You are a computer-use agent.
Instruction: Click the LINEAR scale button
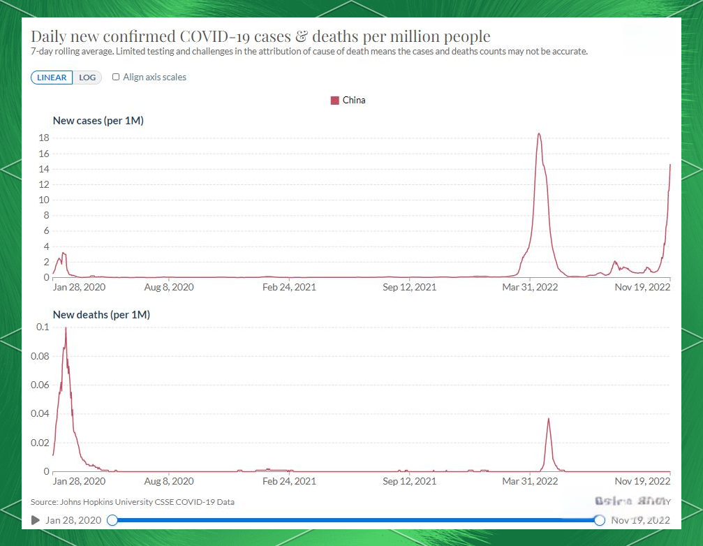(x=52, y=78)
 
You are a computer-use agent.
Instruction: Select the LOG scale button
(x=87, y=78)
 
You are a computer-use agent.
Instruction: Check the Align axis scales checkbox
(x=116, y=78)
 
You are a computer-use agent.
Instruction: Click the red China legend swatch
(x=334, y=101)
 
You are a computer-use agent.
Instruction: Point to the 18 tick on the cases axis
(x=43, y=138)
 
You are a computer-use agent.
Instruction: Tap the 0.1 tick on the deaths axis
(x=43, y=327)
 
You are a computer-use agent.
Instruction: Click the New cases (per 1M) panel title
(x=98, y=121)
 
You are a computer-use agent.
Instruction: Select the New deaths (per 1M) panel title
(x=101, y=315)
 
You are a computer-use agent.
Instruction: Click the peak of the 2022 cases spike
(x=539, y=133)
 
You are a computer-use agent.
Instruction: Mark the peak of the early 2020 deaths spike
(x=66, y=327)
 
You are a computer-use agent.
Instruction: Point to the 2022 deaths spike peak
(x=549, y=418)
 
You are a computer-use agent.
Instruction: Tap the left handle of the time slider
(x=112, y=520)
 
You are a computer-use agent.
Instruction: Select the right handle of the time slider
(x=599, y=520)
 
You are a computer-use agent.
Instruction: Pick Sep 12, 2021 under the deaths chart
(x=410, y=481)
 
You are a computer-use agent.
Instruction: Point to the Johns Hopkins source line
(x=133, y=502)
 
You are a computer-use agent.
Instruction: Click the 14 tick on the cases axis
(x=43, y=170)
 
